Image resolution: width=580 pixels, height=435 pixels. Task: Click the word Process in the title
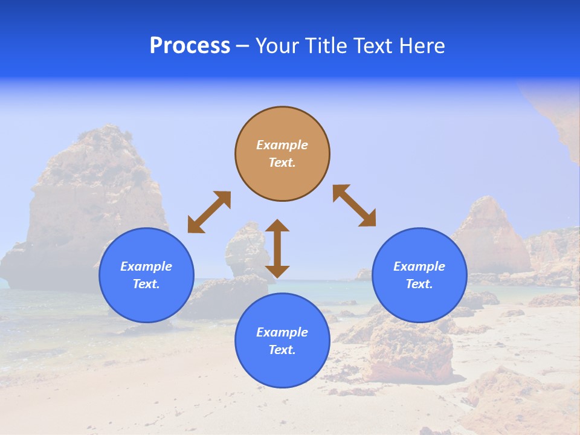[x=190, y=46]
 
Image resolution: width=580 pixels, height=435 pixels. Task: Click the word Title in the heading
[x=324, y=46]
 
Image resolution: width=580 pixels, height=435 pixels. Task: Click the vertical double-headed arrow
[x=277, y=248]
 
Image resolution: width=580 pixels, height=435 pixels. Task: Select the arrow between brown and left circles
[x=209, y=212]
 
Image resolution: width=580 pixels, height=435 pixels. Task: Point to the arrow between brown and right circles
[x=355, y=205]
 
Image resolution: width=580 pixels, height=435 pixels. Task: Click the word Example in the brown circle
[x=282, y=145]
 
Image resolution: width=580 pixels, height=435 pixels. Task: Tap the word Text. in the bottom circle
[x=282, y=350]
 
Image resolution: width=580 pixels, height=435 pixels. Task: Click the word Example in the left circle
[x=146, y=266]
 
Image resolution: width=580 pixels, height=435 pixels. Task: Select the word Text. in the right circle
[x=419, y=284]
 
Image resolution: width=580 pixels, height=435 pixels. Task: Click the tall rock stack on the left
[x=91, y=193]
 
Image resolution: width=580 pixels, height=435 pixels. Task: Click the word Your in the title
[x=277, y=46]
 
